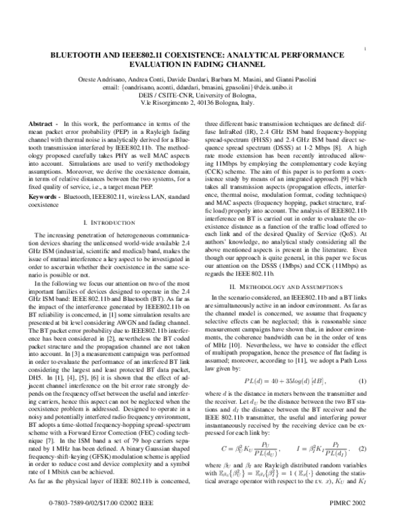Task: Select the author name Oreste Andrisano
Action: (101, 80)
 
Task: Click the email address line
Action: (203, 87)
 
